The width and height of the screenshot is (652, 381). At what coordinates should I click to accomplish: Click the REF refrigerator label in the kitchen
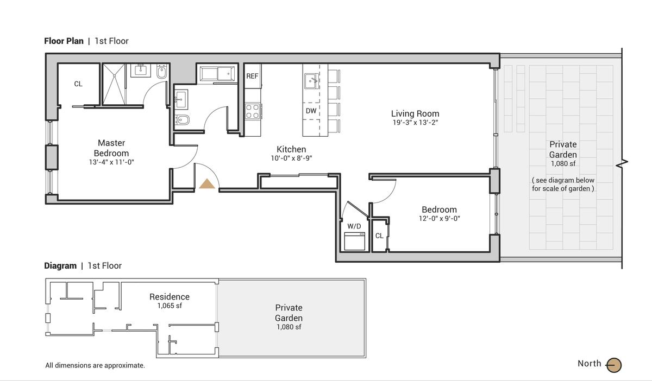252,76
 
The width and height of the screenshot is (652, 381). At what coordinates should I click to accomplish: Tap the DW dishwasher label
311,111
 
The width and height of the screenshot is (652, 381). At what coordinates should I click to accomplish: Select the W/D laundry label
354,226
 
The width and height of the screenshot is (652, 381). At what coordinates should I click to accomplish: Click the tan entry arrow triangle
207,183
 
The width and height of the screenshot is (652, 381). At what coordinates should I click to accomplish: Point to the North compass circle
614,365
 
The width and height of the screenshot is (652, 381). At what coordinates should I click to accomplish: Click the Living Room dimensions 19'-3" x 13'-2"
415,123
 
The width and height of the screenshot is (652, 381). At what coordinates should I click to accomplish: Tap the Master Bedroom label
111,148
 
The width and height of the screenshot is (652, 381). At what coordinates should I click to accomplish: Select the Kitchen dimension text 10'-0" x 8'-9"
291,158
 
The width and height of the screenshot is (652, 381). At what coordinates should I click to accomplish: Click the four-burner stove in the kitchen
253,112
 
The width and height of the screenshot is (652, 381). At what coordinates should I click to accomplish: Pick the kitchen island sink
311,81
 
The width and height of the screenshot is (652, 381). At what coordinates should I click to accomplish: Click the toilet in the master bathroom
162,72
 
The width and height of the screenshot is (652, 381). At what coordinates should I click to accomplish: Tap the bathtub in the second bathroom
217,74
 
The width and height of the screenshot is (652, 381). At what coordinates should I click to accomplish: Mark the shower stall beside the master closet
114,84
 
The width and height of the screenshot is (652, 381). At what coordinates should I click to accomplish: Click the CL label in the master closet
78,84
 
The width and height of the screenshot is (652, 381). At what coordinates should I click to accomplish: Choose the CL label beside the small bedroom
379,236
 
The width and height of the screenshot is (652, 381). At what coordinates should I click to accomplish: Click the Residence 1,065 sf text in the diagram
170,301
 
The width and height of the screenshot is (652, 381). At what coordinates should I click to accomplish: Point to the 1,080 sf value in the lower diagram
289,327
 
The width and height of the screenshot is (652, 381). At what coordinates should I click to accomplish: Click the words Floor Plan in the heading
64,41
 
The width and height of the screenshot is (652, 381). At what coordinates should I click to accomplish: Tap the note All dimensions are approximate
95,365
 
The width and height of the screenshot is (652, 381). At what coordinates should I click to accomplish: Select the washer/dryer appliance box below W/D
354,241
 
